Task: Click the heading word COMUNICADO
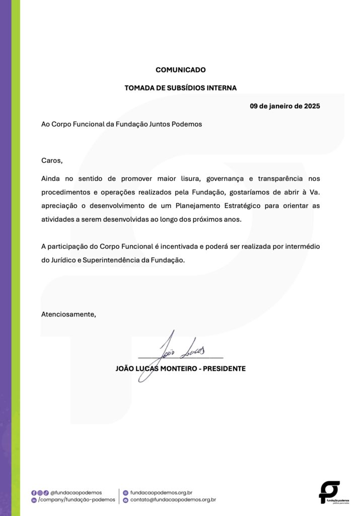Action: (x=180, y=70)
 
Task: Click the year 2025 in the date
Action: (x=312, y=106)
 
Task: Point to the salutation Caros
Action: (x=52, y=161)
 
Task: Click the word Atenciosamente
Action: (x=68, y=314)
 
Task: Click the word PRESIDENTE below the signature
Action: (x=224, y=369)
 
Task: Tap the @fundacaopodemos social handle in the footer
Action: (x=76, y=492)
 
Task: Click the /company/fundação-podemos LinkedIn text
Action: (x=77, y=500)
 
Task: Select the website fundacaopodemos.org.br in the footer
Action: (x=161, y=492)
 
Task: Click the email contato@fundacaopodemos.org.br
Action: (x=173, y=500)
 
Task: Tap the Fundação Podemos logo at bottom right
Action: (x=330, y=492)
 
